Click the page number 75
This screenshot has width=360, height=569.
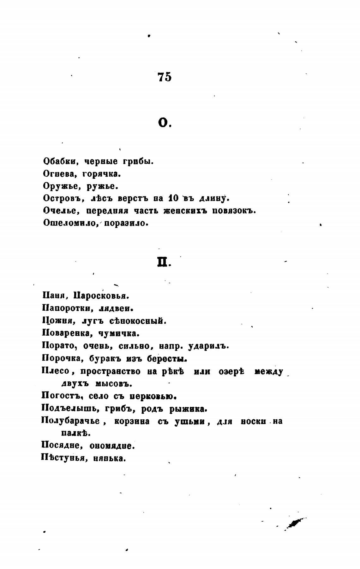click(x=164, y=77)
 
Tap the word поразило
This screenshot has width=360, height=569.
click(x=126, y=223)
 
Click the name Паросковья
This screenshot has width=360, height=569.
click(x=101, y=296)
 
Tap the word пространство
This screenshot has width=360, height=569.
click(x=111, y=372)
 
